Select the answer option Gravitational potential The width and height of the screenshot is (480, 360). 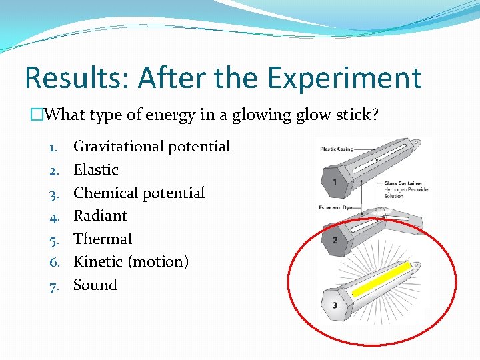tap(151, 147)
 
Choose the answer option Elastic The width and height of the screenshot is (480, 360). tap(96, 170)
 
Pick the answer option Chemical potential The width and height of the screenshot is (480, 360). tap(139, 193)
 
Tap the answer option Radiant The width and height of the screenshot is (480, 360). tap(100, 216)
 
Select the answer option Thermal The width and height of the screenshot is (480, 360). tap(103, 239)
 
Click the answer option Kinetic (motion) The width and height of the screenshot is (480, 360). tap(131, 262)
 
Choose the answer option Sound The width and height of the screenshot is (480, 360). tap(95, 285)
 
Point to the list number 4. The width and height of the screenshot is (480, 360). tap(54, 216)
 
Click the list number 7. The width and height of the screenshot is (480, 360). tap(54, 285)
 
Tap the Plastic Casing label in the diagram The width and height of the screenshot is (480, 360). tap(337, 149)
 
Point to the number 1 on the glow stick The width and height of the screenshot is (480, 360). tap(334, 181)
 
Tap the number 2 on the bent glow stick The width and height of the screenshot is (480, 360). tap(334, 239)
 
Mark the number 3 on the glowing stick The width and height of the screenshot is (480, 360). tap(334, 305)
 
